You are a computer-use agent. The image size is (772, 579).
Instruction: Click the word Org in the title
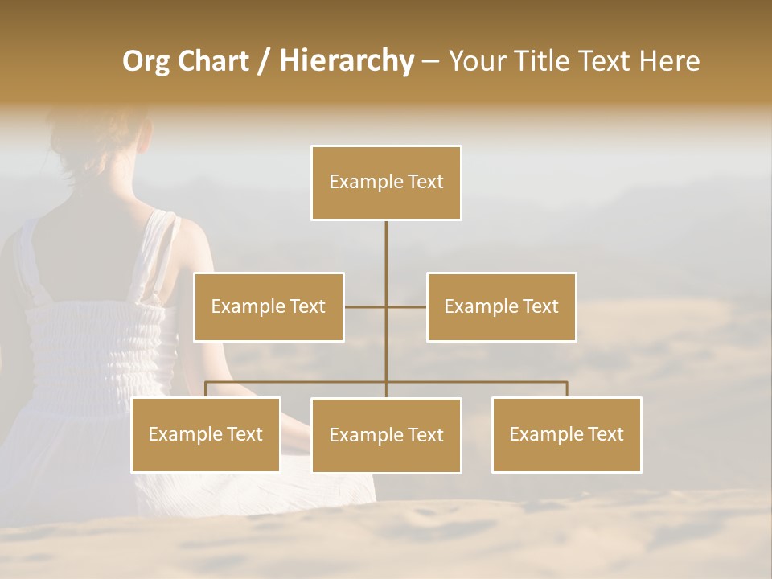click(x=146, y=61)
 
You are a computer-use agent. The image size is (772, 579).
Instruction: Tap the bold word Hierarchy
click(x=347, y=61)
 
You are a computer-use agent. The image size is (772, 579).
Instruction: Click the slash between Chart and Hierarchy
click(x=264, y=62)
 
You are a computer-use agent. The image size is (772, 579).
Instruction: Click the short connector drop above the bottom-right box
click(x=566, y=389)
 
